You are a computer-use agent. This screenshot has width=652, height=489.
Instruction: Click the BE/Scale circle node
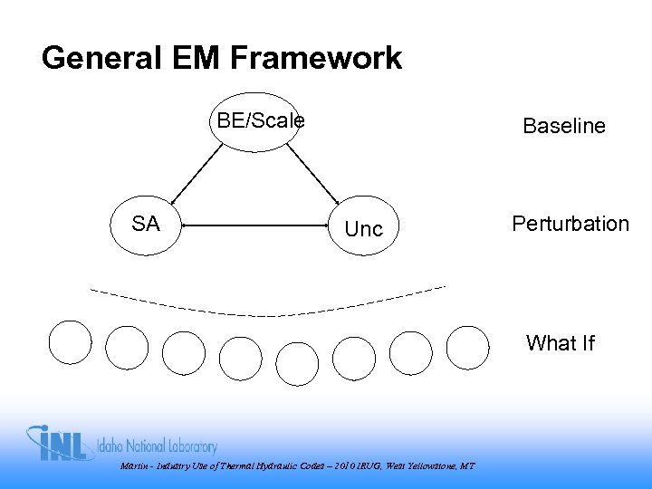(x=254, y=122)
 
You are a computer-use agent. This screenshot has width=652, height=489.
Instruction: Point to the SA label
(x=145, y=224)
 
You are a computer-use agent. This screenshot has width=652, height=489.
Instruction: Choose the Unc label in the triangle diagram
(x=364, y=230)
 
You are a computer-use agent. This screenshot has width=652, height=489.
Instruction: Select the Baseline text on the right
(x=564, y=127)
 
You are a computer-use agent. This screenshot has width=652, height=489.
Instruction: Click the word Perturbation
(x=570, y=224)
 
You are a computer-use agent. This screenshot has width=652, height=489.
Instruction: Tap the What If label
(x=561, y=343)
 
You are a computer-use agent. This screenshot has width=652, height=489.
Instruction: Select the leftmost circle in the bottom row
(x=70, y=342)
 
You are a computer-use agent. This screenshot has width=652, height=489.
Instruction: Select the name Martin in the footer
(x=133, y=466)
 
